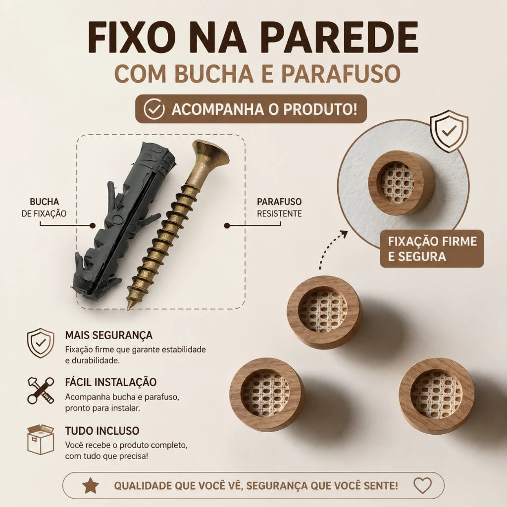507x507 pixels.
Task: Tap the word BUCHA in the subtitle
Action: (214, 73)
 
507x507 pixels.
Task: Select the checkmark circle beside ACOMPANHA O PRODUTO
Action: (154, 109)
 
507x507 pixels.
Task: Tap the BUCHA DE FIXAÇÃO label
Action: (44, 207)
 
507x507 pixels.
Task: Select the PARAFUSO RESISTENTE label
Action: (279, 207)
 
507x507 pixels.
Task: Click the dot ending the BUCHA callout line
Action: (93, 225)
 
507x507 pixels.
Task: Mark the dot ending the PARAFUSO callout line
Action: (227, 225)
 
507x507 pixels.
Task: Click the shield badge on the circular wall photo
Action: (449, 131)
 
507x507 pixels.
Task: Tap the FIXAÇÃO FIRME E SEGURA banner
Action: (432, 249)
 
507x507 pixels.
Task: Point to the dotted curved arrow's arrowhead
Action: (344, 234)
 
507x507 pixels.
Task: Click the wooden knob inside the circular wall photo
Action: (402, 183)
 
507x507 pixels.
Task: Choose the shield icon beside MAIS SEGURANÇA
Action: (41, 343)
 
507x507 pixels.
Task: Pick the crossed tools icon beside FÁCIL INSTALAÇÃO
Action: (41, 390)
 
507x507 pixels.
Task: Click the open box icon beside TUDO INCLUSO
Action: (41, 439)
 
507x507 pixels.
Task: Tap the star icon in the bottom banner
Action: (91, 486)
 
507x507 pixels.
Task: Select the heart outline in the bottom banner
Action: (423, 486)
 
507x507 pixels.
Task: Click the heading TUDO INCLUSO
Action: (102, 431)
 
